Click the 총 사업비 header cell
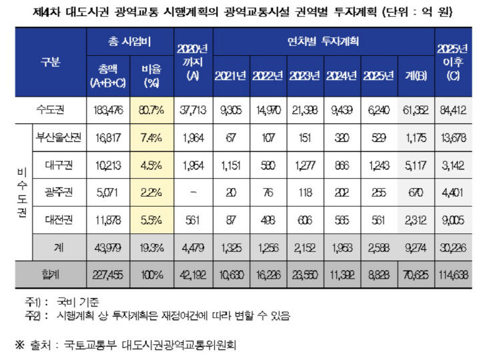click(x=129, y=41)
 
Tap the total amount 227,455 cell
click(x=108, y=275)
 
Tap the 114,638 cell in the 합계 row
click(x=453, y=275)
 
